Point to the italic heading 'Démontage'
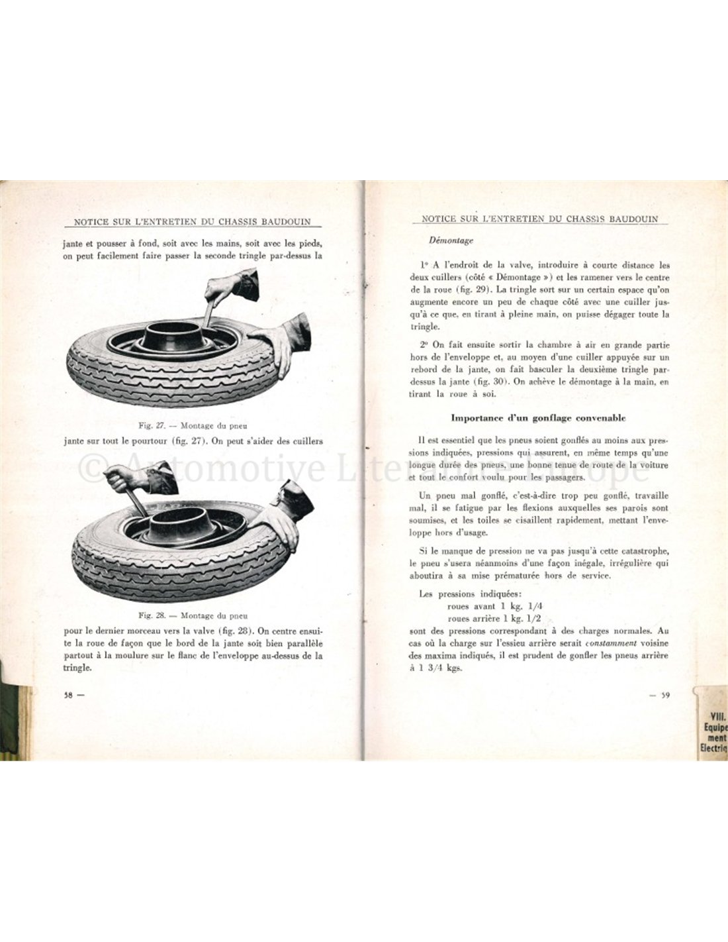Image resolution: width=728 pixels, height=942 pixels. point(451,241)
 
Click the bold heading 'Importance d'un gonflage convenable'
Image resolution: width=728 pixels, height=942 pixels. point(538,418)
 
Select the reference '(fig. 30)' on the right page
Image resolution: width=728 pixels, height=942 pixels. point(482,382)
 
